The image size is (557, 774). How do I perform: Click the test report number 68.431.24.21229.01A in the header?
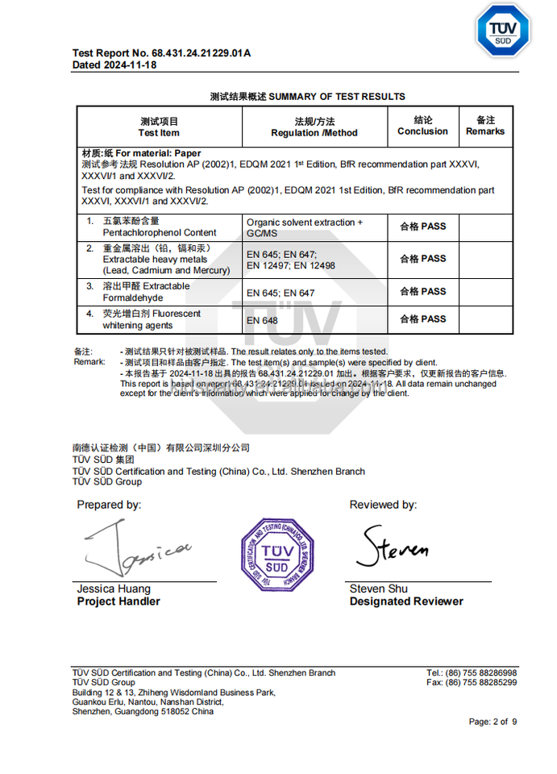pos(161,53)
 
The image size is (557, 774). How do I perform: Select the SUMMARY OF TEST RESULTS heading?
pos(307,97)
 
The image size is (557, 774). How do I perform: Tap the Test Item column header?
pos(159,127)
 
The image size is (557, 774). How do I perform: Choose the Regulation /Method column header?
pos(314,127)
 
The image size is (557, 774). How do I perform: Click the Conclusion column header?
pos(422,126)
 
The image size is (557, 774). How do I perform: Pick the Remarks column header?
pos(485,126)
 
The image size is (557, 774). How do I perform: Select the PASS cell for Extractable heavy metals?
pos(422,259)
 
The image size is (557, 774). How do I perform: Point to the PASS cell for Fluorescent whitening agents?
pos(422,319)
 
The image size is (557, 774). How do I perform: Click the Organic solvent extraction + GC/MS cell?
pos(305,227)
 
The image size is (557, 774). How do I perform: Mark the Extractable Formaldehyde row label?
pos(146,292)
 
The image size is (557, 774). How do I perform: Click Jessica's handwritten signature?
pos(137,551)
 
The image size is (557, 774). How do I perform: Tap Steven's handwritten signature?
pos(393,548)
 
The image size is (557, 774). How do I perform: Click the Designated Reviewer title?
pos(406,601)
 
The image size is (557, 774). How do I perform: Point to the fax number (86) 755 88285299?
pos(472,683)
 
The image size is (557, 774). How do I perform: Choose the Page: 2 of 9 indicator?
pos(493,722)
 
